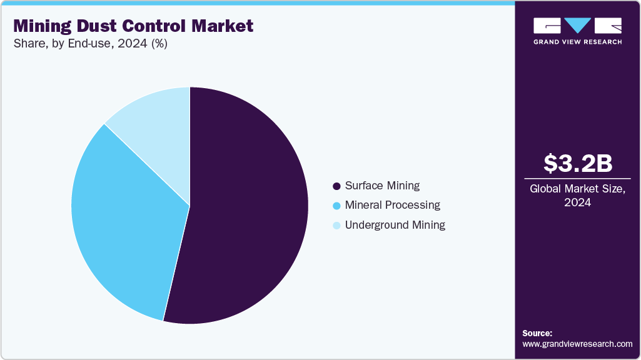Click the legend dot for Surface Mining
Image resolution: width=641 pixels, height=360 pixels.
tap(336, 186)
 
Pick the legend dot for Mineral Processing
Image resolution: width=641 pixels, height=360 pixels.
tap(336, 206)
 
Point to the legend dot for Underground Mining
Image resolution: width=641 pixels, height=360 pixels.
tap(336, 225)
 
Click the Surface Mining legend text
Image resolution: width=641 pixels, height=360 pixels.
tap(382, 186)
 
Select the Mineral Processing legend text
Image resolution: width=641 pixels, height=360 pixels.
tap(392, 205)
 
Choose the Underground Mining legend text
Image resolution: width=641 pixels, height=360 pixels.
tap(395, 224)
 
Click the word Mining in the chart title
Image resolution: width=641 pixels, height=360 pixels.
tap(43, 26)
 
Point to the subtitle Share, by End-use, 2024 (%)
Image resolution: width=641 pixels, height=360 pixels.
tap(89, 44)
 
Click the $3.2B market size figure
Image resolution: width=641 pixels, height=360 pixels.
tap(577, 163)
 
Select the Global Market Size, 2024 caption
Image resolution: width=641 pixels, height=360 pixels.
tap(577, 195)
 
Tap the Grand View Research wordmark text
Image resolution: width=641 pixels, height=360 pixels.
tap(577, 42)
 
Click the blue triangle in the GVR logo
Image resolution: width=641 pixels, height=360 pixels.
tap(578, 26)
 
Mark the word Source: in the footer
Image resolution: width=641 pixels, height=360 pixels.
tap(537, 333)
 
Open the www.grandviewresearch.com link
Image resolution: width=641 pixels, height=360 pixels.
tap(577, 344)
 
